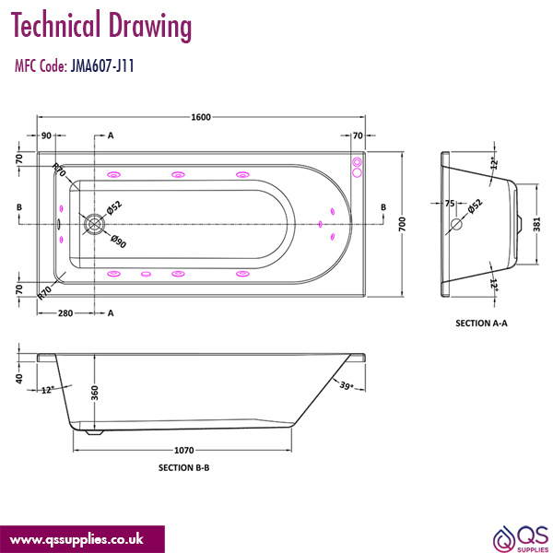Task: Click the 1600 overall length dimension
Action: (201, 117)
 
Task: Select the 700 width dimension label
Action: (402, 226)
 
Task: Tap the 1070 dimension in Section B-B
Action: (184, 451)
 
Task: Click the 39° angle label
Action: (347, 385)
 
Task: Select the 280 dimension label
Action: (65, 313)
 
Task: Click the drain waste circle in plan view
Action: (95, 223)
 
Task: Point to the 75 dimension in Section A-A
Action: (450, 204)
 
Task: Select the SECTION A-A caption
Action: (482, 324)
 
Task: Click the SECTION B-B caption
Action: (184, 468)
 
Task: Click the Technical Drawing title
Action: (102, 28)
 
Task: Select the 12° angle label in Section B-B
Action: (47, 389)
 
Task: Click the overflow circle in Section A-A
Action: (455, 224)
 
